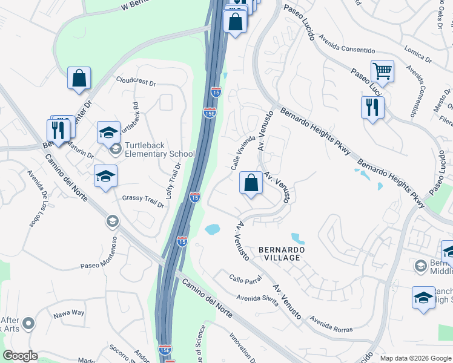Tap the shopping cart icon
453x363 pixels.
pyautogui.click(x=382, y=72)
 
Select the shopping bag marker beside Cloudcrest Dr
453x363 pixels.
pyautogui.click(x=79, y=78)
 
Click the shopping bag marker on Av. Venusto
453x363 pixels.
pyautogui.click(x=251, y=183)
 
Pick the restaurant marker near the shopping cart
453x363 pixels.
pyautogui.click(x=372, y=108)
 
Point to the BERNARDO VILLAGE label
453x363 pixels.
pyautogui.click(x=279, y=253)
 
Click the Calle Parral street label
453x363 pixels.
pyautogui.click(x=245, y=279)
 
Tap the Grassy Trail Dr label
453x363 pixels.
pyautogui.click(x=143, y=201)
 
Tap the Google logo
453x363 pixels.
pyautogui.click(x=20, y=356)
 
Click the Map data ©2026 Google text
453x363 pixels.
pyautogui.click(x=415, y=358)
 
